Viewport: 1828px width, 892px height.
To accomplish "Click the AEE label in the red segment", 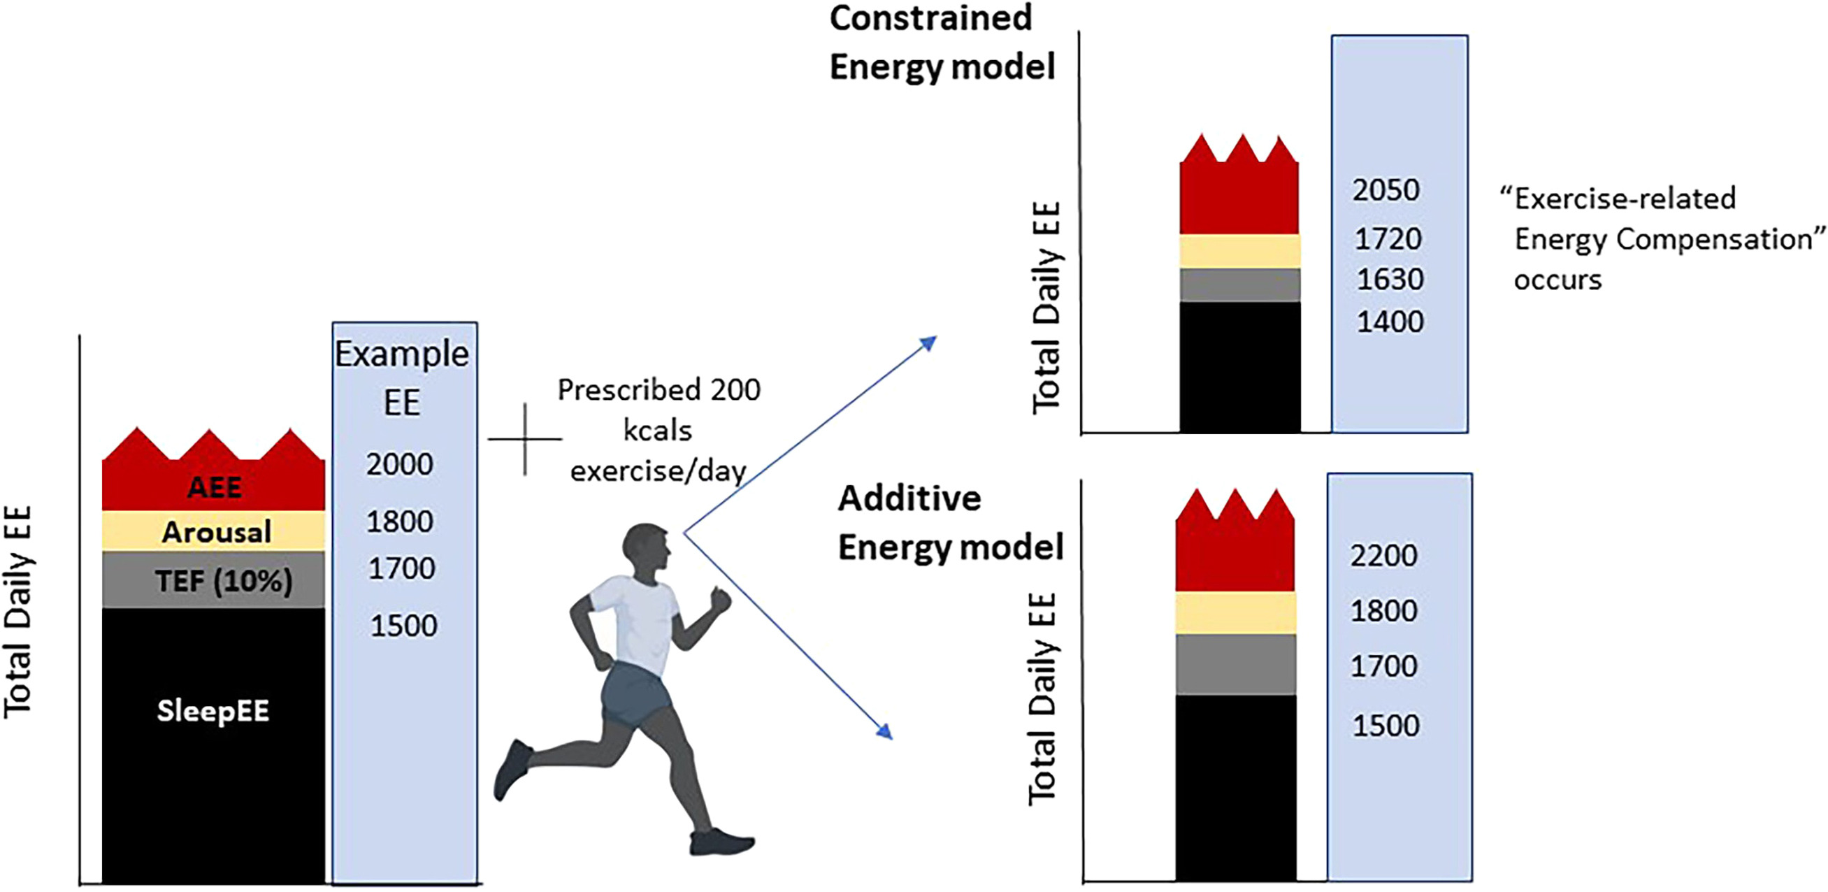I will click(x=215, y=487).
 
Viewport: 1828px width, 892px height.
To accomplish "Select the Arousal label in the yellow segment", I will click(x=217, y=532).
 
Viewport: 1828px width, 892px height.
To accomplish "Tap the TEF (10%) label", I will click(x=224, y=581).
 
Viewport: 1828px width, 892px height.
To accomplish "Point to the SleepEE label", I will click(x=213, y=710).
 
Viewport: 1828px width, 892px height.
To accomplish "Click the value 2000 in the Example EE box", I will click(x=400, y=464).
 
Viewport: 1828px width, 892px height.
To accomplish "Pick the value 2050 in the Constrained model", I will click(x=1386, y=190).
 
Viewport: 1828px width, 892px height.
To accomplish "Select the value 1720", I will click(x=1388, y=239).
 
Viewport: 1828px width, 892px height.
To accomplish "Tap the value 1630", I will click(x=1390, y=280).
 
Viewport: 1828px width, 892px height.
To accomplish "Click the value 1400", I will click(x=1390, y=322).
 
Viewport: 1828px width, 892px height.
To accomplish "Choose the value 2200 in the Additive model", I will click(x=1384, y=556).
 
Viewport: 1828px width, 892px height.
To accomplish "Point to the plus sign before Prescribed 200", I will click(x=525, y=439).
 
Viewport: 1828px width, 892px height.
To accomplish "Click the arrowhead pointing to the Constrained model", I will click(x=928, y=344).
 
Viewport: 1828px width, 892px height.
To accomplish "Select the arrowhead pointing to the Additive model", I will click(x=884, y=731).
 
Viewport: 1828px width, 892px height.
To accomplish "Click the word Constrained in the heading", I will click(x=930, y=17).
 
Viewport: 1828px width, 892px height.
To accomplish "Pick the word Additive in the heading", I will click(x=909, y=499).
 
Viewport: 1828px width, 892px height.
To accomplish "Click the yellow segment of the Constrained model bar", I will click(x=1239, y=251).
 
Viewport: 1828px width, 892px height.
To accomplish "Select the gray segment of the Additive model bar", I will click(x=1235, y=664).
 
